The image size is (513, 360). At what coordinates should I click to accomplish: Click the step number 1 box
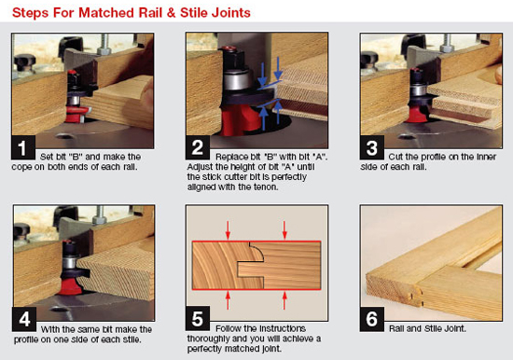click(x=23, y=147)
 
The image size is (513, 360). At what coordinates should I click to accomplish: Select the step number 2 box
click(x=198, y=147)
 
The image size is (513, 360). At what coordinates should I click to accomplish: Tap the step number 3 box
click(x=372, y=147)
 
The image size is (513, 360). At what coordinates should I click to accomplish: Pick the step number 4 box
click(x=24, y=319)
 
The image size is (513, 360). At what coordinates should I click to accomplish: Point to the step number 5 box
click(x=198, y=318)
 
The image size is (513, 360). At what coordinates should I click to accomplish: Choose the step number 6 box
click(x=372, y=319)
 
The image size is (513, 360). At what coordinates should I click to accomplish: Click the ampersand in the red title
click(x=171, y=13)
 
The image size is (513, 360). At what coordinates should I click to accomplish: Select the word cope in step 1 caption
click(x=21, y=167)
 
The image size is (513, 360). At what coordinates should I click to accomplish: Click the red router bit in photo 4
click(x=72, y=285)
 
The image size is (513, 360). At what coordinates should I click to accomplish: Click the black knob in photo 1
click(x=24, y=62)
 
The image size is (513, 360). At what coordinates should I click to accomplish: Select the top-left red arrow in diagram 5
click(x=228, y=229)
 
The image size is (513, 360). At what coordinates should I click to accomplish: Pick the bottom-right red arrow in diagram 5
click(x=284, y=300)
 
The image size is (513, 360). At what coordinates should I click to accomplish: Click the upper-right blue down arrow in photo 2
click(x=278, y=68)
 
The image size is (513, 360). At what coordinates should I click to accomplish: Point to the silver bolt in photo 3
click(x=447, y=43)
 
